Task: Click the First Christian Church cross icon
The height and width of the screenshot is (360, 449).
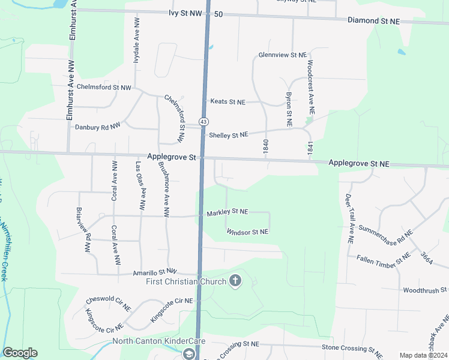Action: click(x=235, y=281)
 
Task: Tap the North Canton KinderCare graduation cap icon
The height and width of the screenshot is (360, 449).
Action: click(x=190, y=354)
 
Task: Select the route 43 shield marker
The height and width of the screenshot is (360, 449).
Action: click(x=204, y=121)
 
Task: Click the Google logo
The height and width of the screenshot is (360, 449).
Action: click(x=20, y=353)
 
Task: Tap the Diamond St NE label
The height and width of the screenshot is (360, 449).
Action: click(x=373, y=20)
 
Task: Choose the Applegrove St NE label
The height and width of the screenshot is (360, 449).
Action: click(x=359, y=163)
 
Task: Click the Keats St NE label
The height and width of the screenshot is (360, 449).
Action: click(x=227, y=102)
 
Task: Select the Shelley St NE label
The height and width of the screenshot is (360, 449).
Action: click(x=228, y=135)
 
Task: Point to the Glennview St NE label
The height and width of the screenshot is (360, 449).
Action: click(x=282, y=55)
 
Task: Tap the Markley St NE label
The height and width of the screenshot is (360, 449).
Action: click(x=228, y=212)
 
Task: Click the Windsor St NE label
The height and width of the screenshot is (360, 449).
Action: click(x=247, y=231)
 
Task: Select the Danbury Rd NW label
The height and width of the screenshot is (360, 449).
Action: click(x=97, y=127)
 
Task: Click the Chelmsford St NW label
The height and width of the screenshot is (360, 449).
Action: click(x=103, y=88)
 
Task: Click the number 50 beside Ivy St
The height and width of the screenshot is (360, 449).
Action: click(x=218, y=14)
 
